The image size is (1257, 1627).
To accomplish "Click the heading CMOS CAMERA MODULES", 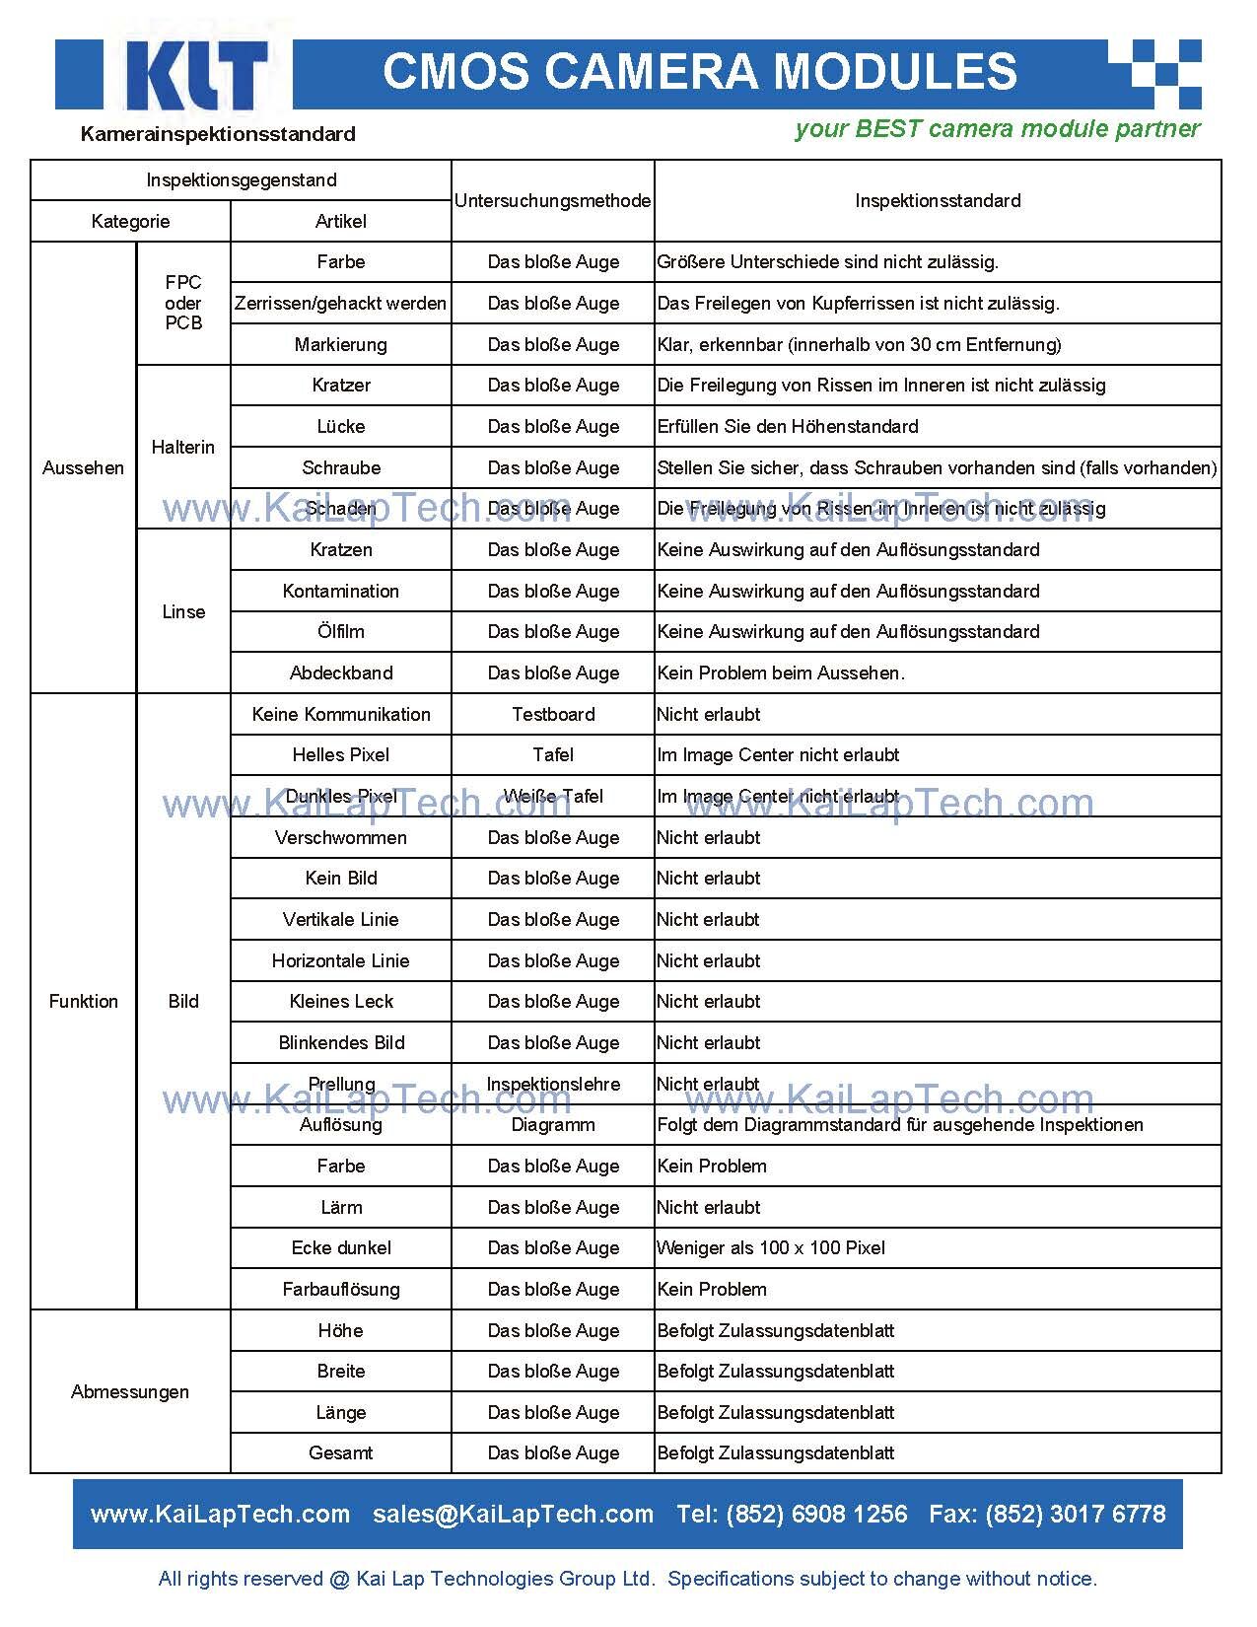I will tap(699, 72).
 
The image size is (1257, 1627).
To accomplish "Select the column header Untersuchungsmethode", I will tap(552, 201).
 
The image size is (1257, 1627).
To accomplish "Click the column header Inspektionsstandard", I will tap(937, 201).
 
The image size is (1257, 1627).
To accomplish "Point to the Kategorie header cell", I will tap(130, 222).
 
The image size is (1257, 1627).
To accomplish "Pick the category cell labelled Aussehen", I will tap(83, 467).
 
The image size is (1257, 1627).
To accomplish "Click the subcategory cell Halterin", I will tap(182, 447).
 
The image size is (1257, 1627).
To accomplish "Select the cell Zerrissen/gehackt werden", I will tap(340, 304).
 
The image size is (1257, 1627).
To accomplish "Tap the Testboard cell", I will tap(553, 714).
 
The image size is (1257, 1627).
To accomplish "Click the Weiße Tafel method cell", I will tap(553, 796).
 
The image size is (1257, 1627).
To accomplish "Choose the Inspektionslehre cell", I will tap(553, 1084).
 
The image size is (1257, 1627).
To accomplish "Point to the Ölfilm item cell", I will tap(340, 632).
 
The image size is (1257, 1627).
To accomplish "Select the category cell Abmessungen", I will tap(129, 1391).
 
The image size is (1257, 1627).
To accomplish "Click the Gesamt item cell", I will tap(340, 1453).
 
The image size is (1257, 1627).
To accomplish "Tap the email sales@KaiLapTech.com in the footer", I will tap(513, 1515).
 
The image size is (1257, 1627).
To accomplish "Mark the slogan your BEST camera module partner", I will tap(997, 129).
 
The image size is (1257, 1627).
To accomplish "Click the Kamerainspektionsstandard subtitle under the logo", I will tap(218, 134).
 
